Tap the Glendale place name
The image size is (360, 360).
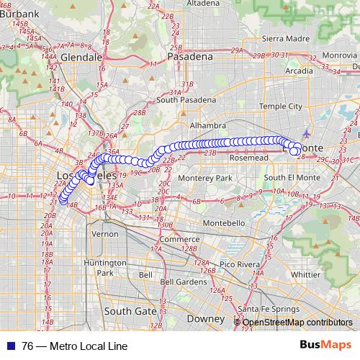(x=83, y=56)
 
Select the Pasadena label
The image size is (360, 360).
(x=190, y=56)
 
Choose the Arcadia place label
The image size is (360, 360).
(x=300, y=71)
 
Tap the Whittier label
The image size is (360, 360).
(x=312, y=274)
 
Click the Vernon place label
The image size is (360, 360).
(x=105, y=234)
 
